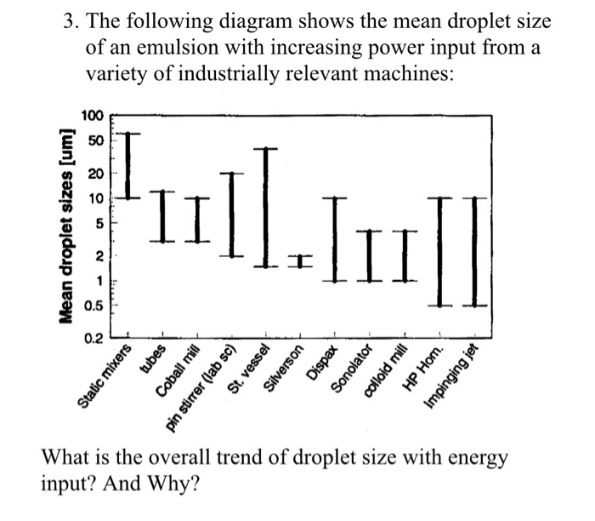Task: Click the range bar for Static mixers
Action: pyautogui.click(x=128, y=165)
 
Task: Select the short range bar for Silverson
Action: pyautogui.click(x=300, y=261)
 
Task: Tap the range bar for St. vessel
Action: pyautogui.click(x=266, y=208)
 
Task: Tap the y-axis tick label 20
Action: pyautogui.click(x=96, y=173)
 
